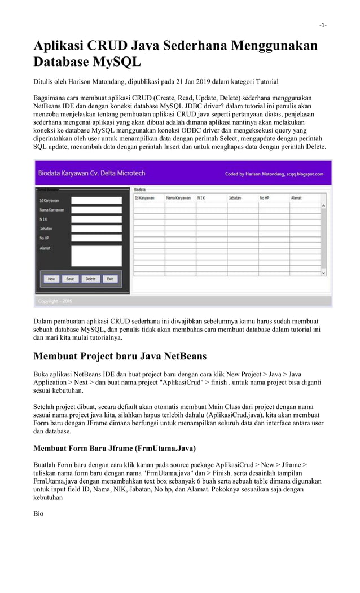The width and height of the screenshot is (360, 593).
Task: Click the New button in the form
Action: [x=51, y=279]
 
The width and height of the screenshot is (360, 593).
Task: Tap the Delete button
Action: [x=90, y=279]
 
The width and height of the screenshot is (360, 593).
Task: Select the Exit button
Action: [x=110, y=279]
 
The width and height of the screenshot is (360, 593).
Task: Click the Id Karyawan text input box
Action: [x=96, y=200]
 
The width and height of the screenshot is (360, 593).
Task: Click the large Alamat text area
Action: [x=96, y=255]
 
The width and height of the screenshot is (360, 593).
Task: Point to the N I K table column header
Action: [x=201, y=198]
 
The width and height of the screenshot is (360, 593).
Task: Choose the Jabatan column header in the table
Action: [x=234, y=198]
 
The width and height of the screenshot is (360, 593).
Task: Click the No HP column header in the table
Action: [x=265, y=198]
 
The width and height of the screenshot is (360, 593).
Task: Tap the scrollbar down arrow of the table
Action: [x=324, y=273]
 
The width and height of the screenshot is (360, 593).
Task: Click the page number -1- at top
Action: [x=323, y=25]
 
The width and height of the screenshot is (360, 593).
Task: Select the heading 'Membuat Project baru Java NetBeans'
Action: [x=120, y=356]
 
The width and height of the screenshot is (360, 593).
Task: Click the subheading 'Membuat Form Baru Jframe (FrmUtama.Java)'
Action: [x=115, y=449]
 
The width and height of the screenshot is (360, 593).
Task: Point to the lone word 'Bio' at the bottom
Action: [x=38, y=514]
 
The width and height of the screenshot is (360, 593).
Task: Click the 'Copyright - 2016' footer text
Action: [x=55, y=301]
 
